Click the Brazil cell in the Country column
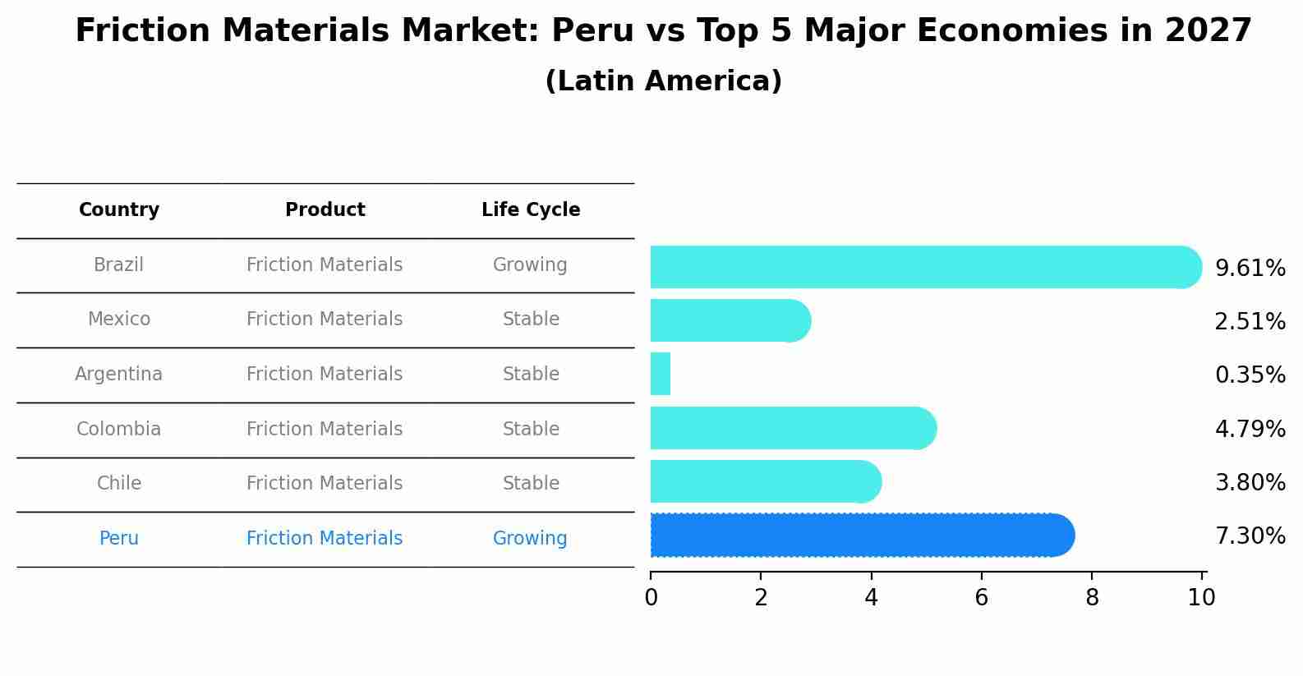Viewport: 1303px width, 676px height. pyautogui.click(x=118, y=265)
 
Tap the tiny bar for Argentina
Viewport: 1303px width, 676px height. pyautogui.click(x=661, y=374)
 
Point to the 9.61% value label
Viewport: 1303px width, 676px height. pyautogui.click(x=1250, y=269)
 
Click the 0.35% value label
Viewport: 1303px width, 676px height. pyautogui.click(x=1250, y=375)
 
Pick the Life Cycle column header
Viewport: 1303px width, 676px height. pyautogui.click(x=531, y=210)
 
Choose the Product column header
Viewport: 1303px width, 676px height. pyautogui.click(x=325, y=210)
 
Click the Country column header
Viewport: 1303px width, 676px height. pyautogui.click(x=118, y=210)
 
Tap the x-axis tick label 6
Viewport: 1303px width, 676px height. pyautogui.click(x=981, y=598)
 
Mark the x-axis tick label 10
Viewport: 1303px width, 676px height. pyautogui.click(x=1201, y=598)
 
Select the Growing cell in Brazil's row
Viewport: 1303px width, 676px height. pyautogui.click(x=530, y=265)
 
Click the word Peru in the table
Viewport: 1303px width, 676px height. pyautogui.click(x=118, y=539)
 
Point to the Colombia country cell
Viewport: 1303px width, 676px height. pyautogui.click(x=118, y=430)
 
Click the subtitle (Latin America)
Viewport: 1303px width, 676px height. pyautogui.click(x=663, y=81)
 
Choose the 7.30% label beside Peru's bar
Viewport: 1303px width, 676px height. pyautogui.click(x=1250, y=536)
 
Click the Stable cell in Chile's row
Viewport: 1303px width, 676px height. pyautogui.click(x=531, y=484)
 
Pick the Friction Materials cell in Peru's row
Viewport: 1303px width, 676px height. pyautogui.click(x=325, y=539)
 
